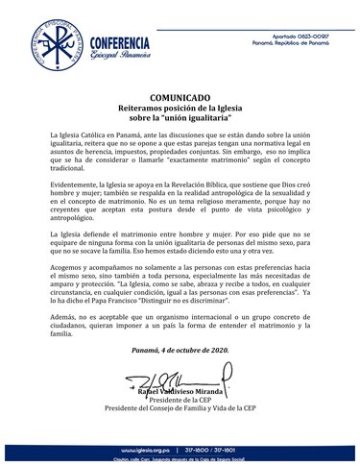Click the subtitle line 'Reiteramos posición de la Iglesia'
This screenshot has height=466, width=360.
(x=180, y=110)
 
